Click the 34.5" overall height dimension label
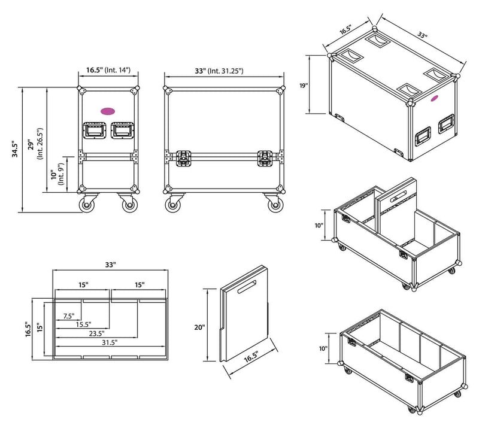14,149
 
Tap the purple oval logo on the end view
108,111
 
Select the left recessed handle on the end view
95,130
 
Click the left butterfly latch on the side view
184,158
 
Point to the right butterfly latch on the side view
265,158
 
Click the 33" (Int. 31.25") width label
219,71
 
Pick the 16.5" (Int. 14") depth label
108,70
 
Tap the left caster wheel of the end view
87,205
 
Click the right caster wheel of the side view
275,205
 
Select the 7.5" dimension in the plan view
69,316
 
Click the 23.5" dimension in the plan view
96,333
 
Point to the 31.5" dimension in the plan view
110,342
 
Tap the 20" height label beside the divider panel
199,327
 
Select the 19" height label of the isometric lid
304,86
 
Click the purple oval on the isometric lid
435,98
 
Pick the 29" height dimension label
31,145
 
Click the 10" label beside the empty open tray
323,348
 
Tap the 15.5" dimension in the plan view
83,324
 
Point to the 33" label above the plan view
111,265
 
